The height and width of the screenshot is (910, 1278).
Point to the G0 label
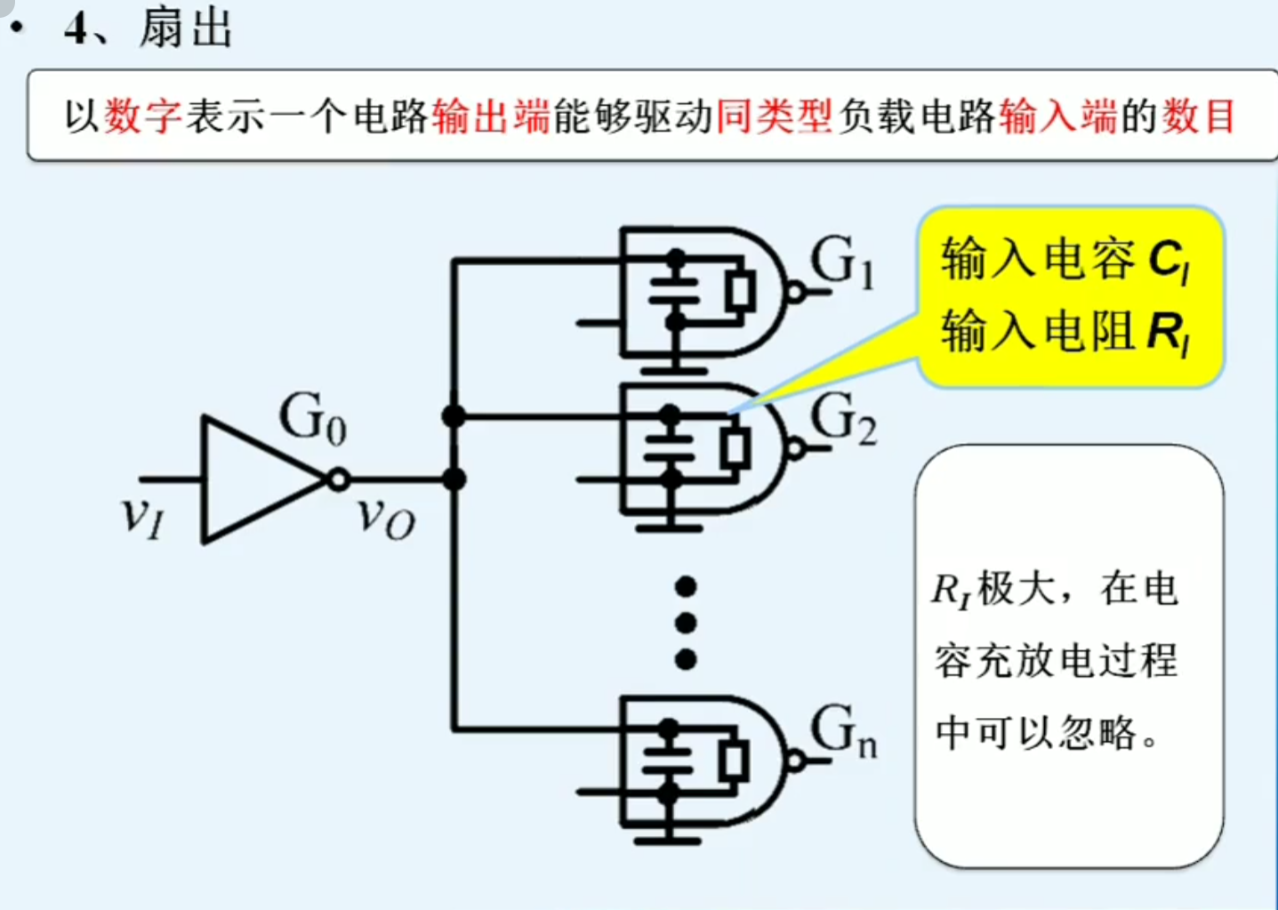coord(312,418)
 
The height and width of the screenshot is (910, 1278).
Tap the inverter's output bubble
coord(338,480)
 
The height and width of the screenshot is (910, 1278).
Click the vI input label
coord(142,516)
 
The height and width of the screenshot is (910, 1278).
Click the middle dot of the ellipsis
coord(686,623)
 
